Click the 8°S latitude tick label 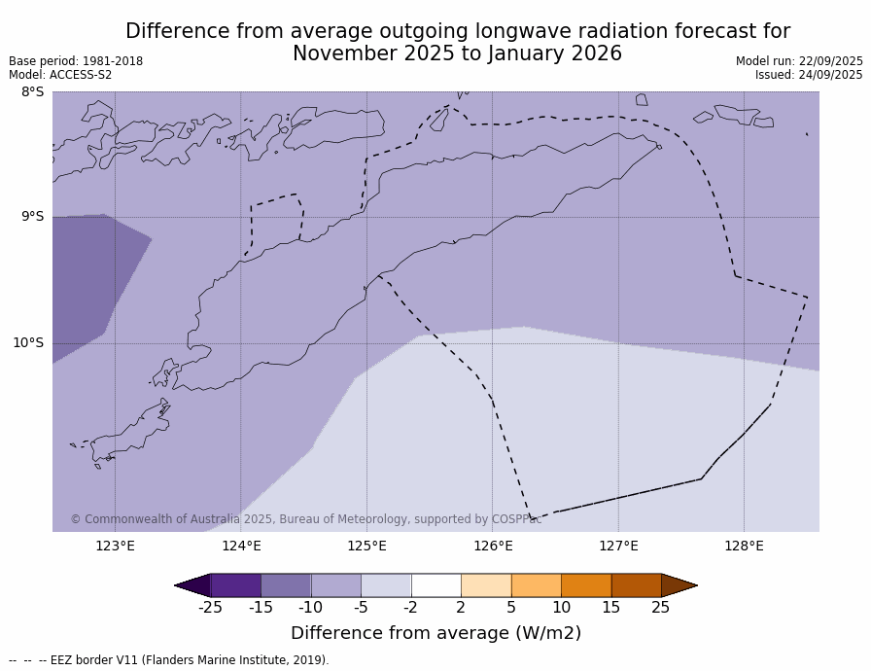[x=32, y=92]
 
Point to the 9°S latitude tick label [x=32, y=217]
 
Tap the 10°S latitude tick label [x=28, y=342]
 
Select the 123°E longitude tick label [x=115, y=546]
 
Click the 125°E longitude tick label [x=366, y=546]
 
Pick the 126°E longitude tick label [x=493, y=546]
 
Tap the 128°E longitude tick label [x=744, y=546]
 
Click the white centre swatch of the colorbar [x=435, y=585]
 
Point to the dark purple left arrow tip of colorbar [x=192, y=585]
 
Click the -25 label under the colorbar [x=210, y=608]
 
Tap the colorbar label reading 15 [x=610, y=608]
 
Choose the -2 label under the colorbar [x=410, y=608]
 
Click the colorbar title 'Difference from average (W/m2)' [x=435, y=633]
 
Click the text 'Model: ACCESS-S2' [x=60, y=75]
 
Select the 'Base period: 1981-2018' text [x=76, y=61]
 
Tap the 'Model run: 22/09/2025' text [x=799, y=61]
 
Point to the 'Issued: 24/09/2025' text [x=809, y=75]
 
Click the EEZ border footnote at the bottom [x=169, y=660]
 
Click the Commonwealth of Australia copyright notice [x=305, y=519]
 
